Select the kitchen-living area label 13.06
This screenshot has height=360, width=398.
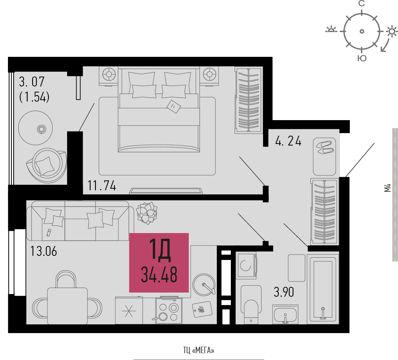(44, 251)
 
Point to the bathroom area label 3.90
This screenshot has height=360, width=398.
(284, 292)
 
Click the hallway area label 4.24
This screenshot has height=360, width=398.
(288, 141)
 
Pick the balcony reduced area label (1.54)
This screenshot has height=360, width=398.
(34, 97)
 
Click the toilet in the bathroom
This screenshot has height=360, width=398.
(251, 304)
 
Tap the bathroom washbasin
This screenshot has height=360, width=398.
(285, 315)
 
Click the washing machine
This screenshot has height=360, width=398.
(246, 265)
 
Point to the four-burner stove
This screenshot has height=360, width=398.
(169, 310)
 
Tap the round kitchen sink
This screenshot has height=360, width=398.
(204, 284)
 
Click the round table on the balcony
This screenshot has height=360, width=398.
(36, 128)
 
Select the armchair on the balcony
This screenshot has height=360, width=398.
(47, 165)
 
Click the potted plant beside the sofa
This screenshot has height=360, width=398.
(147, 213)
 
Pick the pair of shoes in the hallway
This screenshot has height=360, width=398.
(324, 147)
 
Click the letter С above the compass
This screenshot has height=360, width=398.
(362, 3)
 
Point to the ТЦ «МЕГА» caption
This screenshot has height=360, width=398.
(199, 351)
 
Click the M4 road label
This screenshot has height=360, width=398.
(387, 188)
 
